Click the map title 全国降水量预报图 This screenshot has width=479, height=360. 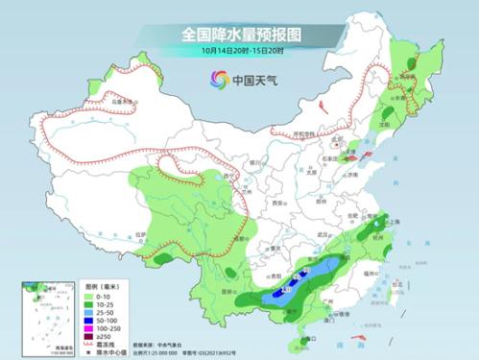(240, 33)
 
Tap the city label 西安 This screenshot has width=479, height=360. (279, 204)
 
